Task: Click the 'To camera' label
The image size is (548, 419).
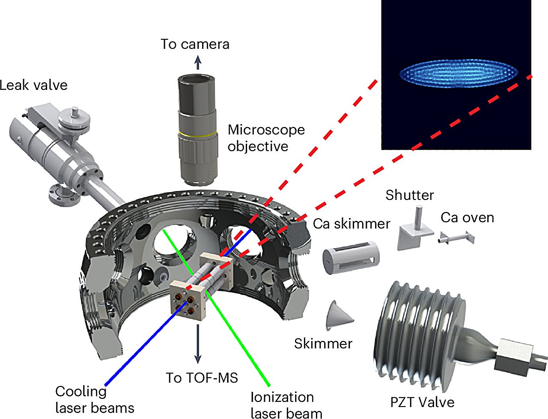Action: (x=195, y=44)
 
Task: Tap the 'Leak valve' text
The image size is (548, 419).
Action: (x=33, y=85)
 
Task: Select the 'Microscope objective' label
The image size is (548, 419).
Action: (x=266, y=138)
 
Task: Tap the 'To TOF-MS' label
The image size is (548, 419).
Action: (x=202, y=377)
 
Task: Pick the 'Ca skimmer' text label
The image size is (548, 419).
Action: (x=351, y=223)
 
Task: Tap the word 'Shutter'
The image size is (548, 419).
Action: (x=410, y=195)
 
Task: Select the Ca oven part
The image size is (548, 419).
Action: (x=457, y=237)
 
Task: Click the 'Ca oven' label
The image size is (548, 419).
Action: (x=468, y=217)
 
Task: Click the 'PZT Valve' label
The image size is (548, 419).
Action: (x=422, y=402)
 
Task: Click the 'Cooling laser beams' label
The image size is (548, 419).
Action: (x=95, y=400)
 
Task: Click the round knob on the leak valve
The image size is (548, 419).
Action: (x=73, y=116)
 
